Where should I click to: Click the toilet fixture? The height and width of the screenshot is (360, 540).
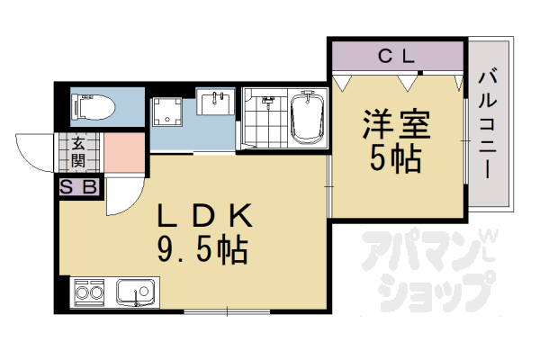pyautogui.click(x=94, y=107)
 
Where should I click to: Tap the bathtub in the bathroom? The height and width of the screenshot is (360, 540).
pyautogui.click(x=307, y=120)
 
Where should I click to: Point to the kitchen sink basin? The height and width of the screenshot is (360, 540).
pyautogui.click(x=136, y=292)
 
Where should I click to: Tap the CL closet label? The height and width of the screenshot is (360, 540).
pyautogui.click(x=395, y=57)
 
